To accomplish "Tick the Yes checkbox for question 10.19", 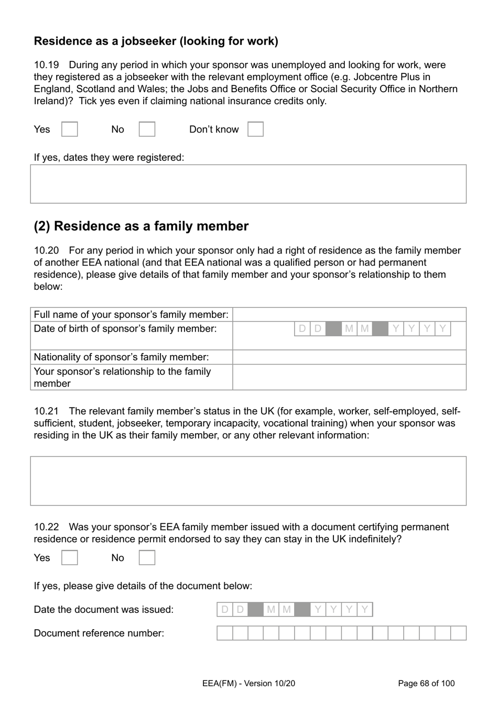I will [70, 129].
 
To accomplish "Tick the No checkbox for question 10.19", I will [147, 129].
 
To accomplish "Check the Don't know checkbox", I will [255, 129].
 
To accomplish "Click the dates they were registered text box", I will [248, 184].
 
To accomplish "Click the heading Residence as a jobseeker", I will [156, 41].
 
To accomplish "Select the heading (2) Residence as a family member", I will [141, 226].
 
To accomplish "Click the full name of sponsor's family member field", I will [349, 314].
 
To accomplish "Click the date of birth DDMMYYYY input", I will [372, 329].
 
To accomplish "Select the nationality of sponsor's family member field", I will [349, 357].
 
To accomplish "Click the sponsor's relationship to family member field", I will [349, 377].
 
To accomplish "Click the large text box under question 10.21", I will [248, 481].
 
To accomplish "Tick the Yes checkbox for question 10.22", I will [70, 558].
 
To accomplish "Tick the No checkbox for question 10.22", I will [147, 558].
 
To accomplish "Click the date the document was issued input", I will [294, 610].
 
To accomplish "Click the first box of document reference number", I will [225, 633].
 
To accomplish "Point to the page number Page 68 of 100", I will [426, 683].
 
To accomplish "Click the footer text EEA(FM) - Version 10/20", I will [248, 683].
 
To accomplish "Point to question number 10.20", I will [46, 250].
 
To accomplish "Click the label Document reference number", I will [99, 633].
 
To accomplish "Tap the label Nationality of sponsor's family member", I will [121, 357].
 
